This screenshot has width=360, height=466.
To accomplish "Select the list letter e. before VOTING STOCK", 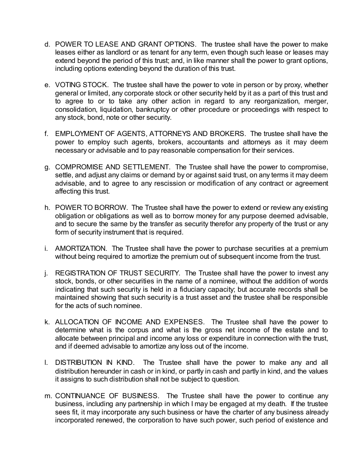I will click(x=47, y=85).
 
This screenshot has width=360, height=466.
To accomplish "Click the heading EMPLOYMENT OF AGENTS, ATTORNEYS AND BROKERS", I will click(x=150, y=134).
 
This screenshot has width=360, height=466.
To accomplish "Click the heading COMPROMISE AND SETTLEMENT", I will click(x=113, y=167).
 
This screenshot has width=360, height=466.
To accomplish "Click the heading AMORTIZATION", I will click(x=81, y=249).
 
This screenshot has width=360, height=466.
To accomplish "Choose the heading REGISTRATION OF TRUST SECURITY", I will click(x=117, y=273).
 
